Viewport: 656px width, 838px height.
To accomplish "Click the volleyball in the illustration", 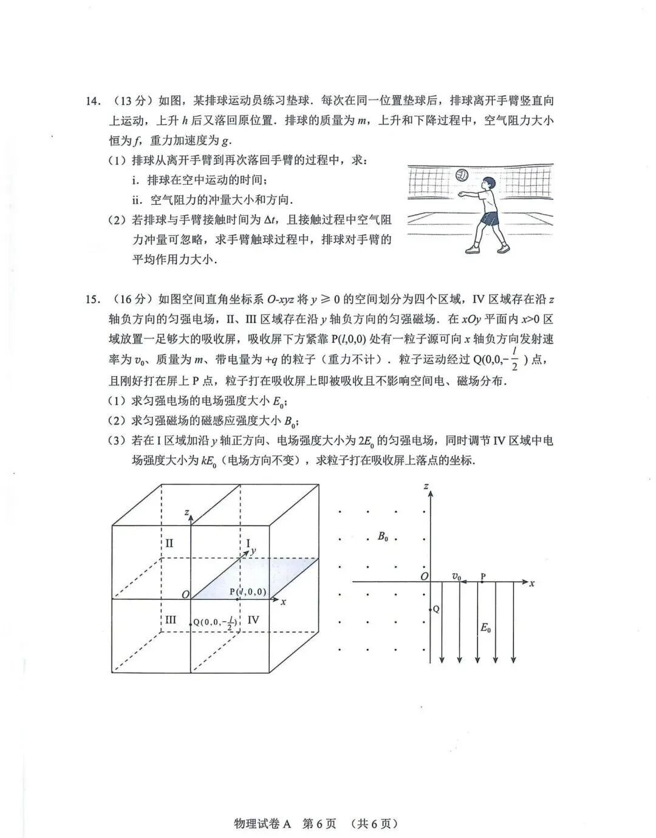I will [462, 175].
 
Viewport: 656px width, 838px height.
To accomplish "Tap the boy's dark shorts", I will [490, 218].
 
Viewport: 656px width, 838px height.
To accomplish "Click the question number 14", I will [92, 101].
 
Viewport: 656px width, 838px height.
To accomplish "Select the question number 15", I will [92, 299].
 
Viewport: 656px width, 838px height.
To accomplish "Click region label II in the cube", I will [169, 543].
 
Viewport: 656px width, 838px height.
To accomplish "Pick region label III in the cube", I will [171, 619].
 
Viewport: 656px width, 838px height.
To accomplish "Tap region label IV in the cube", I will [254, 619].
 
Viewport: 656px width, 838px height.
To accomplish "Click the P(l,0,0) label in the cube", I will [248, 592].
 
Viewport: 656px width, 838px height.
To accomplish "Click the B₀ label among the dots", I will [383, 537].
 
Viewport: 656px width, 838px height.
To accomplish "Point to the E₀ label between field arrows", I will [486, 628].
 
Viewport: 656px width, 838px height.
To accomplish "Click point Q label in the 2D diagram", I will [436, 609].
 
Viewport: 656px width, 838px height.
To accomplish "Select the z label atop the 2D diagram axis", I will [427, 487].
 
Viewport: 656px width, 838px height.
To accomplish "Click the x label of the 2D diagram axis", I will [532, 583].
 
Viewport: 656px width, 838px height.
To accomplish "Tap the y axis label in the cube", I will [253, 551].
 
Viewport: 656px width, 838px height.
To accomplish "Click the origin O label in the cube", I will [185, 594].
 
